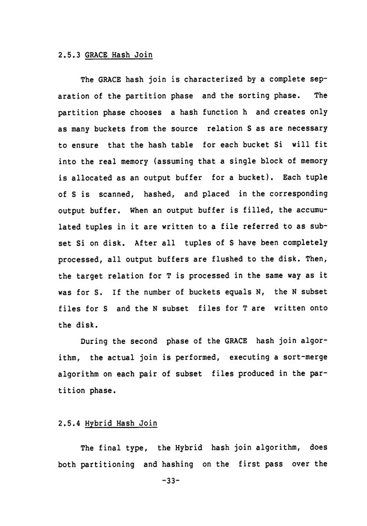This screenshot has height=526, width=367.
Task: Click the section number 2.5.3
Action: [69, 55]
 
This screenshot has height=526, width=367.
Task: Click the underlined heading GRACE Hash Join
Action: [118, 55]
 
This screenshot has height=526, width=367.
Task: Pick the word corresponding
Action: [295, 194]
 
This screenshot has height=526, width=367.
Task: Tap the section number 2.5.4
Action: [69, 424]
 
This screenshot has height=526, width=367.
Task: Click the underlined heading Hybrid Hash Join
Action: [121, 424]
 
